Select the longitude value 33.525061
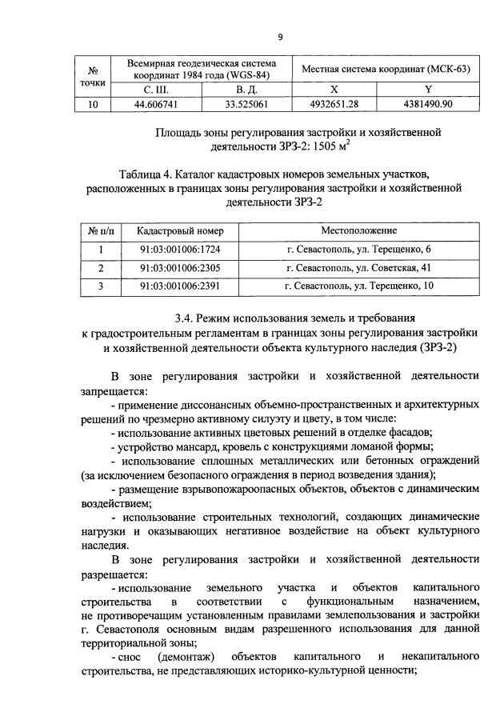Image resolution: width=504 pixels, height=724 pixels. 246,104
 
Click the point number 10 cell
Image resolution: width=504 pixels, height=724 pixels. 94,104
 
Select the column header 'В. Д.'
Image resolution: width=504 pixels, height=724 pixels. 246,90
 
